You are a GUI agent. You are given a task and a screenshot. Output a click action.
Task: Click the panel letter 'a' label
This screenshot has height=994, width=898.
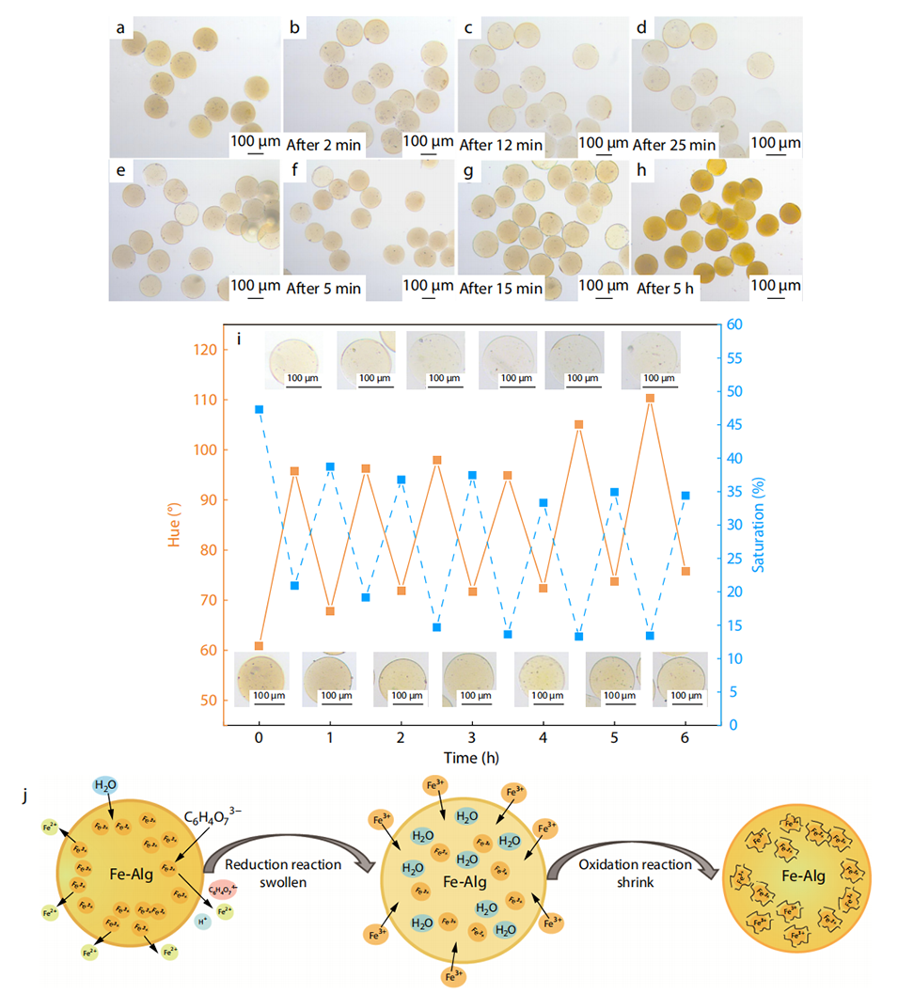pos(120,29)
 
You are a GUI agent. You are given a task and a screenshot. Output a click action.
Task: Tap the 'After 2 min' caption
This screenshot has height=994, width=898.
pos(322,145)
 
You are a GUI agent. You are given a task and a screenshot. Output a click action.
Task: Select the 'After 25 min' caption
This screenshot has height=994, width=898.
pos(674,145)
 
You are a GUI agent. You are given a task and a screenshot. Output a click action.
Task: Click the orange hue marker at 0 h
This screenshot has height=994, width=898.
pos(259,646)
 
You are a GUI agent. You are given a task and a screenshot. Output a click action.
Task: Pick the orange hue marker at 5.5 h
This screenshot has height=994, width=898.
pos(650,398)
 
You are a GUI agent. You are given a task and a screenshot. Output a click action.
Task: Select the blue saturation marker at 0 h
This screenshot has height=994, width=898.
pos(259,409)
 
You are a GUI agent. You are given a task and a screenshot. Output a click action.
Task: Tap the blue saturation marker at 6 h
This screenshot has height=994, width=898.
pos(685,496)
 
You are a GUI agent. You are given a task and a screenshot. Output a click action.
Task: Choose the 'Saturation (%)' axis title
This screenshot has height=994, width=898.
pos(757,525)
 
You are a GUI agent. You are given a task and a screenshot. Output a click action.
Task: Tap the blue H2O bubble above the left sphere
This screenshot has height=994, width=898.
pos(105,785)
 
